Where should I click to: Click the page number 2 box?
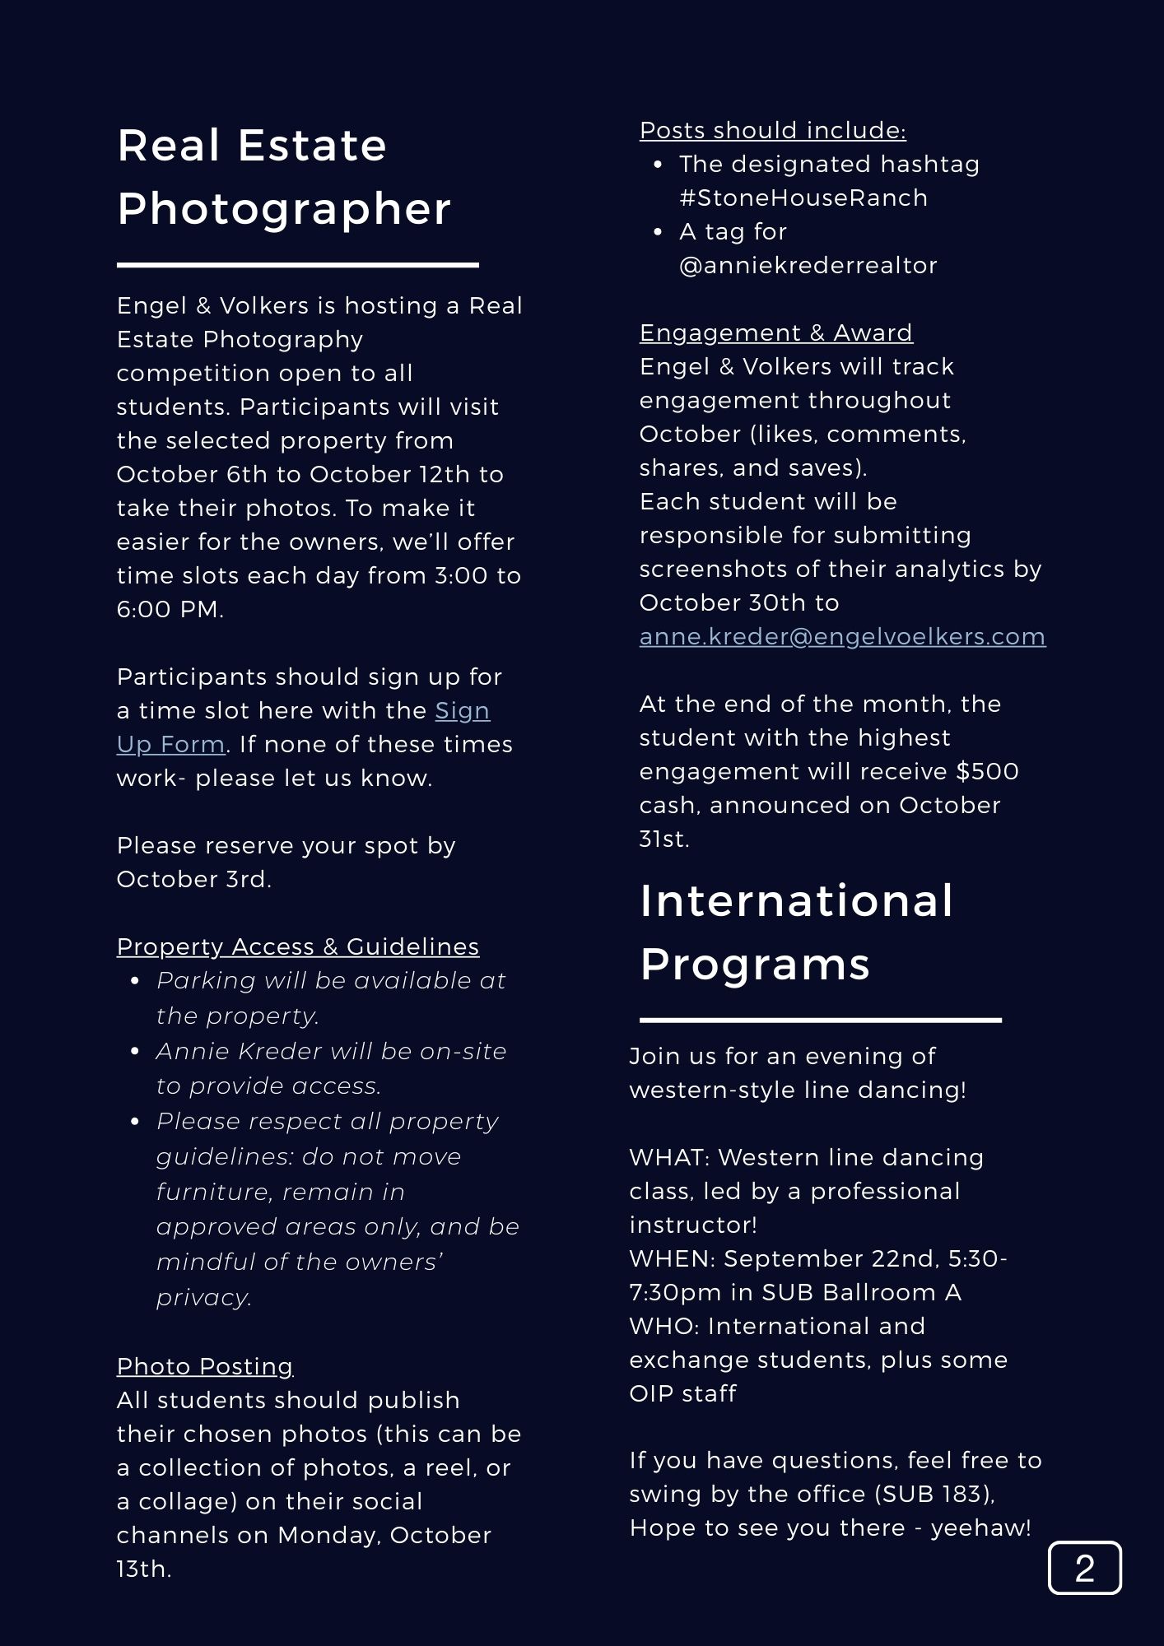1084,1568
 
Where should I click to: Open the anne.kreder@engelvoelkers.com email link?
842,637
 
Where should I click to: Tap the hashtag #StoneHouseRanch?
803,198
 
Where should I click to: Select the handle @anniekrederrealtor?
808,266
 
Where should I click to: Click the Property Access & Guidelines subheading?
297,947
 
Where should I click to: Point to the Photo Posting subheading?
205,1366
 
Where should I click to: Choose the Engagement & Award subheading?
775,332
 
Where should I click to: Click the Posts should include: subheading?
772,130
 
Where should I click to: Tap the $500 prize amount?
987,772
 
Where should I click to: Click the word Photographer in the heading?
284,208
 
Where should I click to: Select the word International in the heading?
796,900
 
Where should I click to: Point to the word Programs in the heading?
754,964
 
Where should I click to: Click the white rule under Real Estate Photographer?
297,265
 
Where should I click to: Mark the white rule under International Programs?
820,1020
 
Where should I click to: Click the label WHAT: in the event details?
668,1158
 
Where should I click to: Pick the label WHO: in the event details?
663,1327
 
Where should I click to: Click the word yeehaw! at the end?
980,1528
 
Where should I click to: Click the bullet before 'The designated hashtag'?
658,165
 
